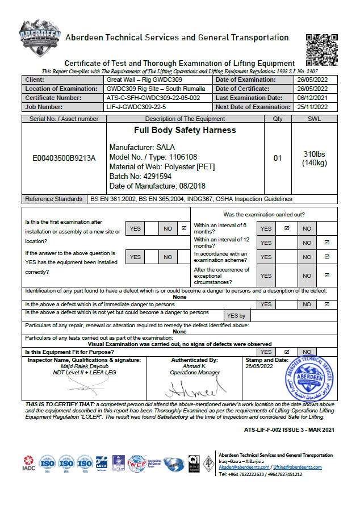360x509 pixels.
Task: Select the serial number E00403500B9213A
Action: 64,158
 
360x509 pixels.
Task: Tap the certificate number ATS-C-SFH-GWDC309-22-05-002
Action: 153,98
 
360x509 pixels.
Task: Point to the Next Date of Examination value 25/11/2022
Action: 312,107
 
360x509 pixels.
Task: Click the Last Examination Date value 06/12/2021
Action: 312,98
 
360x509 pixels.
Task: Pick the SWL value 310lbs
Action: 313,154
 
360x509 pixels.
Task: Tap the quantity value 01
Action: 278,158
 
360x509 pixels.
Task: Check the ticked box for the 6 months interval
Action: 287,228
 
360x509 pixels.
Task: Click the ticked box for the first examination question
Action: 183,228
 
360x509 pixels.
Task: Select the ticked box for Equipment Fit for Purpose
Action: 287,352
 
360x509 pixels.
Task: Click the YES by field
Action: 236,316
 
